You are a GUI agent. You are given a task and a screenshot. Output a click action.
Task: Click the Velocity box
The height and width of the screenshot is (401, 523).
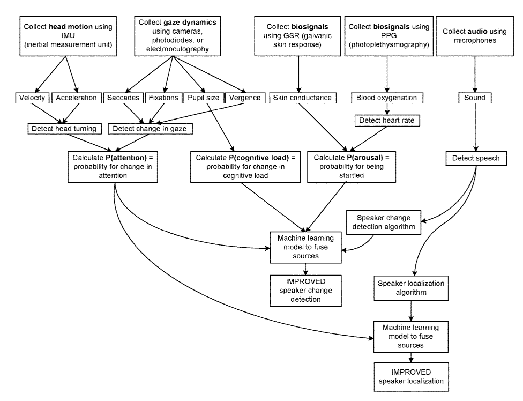point(32,98)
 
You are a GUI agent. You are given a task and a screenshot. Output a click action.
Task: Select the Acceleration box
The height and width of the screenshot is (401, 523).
point(76,98)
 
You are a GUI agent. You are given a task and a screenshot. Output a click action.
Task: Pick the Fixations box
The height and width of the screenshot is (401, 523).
point(164,98)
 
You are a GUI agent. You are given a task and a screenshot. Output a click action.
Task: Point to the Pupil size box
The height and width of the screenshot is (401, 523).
point(203,98)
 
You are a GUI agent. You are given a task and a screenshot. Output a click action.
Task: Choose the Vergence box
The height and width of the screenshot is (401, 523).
point(244,98)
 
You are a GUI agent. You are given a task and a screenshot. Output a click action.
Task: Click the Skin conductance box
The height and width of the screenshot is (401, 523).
point(302,98)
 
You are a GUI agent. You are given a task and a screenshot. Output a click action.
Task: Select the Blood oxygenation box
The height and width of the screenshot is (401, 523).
point(386,98)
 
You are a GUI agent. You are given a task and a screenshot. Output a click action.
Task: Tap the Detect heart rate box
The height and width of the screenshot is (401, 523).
point(386,121)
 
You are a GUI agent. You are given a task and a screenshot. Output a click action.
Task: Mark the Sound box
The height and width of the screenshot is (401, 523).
point(475,98)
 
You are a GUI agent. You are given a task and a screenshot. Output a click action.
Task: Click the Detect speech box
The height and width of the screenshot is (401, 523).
point(475,158)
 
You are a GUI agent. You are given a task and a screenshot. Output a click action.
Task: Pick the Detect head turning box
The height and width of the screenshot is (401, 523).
point(64,129)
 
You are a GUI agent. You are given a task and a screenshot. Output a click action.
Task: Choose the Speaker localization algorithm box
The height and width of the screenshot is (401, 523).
point(411,287)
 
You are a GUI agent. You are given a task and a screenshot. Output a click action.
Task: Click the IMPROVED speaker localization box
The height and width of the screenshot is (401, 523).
point(411,376)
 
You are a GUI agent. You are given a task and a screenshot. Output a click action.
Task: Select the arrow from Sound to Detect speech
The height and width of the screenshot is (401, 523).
point(475,126)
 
